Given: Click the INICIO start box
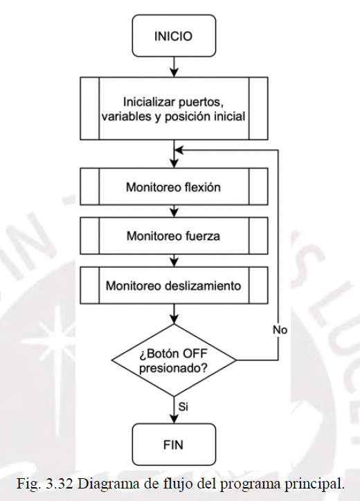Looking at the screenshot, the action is click(174, 36).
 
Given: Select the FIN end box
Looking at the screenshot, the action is click(174, 444).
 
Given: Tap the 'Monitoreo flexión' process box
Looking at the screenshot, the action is click(174, 187).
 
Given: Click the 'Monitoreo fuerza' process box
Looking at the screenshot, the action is click(174, 236).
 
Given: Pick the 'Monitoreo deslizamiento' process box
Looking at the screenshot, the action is click(174, 285).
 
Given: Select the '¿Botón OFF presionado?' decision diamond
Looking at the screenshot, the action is click(174, 361).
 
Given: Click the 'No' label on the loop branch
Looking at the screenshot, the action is click(280, 330).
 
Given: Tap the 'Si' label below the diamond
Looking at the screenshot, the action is click(183, 407).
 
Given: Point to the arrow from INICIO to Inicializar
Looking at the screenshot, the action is click(174, 67).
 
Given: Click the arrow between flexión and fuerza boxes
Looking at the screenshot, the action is click(174, 211).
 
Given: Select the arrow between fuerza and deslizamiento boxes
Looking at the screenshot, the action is click(174, 261).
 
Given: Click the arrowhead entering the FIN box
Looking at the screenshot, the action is click(174, 419).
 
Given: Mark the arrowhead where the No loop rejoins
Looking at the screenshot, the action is click(179, 150).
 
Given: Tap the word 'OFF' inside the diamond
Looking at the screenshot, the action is click(195, 354).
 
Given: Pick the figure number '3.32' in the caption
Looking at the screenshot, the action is click(60, 484).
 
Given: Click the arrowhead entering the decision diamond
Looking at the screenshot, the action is click(174, 320).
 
